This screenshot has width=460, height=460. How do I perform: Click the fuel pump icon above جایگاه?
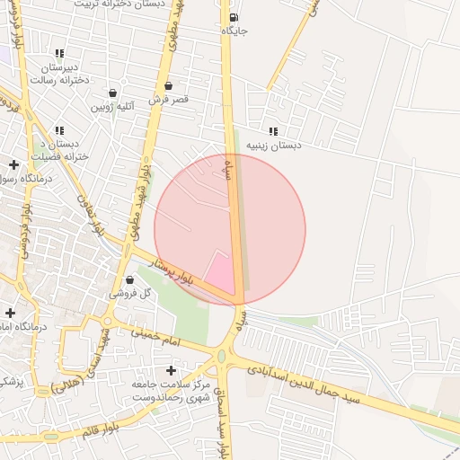(x=234, y=17)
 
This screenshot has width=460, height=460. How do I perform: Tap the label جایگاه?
(x=234, y=31)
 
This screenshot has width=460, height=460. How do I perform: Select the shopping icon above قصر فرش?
(x=168, y=86)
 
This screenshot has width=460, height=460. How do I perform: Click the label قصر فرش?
(x=169, y=99)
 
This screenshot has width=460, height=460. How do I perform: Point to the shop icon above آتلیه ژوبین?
(x=112, y=93)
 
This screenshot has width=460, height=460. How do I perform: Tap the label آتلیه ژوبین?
(x=113, y=106)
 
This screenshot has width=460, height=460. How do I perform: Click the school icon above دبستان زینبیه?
(x=273, y=131)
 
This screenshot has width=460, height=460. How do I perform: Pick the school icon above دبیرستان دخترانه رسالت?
(x=59, y=54)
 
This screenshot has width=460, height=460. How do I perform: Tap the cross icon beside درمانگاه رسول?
(x=13, y=164)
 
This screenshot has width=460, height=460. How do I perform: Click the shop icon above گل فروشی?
(x=130, y=279)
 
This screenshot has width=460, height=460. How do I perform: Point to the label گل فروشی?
(x=130, y=293)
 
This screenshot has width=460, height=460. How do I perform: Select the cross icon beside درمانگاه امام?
(x=10, y=314)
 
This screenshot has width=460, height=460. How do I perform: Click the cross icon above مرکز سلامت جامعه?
(x=171, y=370)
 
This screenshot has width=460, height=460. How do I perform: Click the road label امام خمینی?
(x=156, y=337)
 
